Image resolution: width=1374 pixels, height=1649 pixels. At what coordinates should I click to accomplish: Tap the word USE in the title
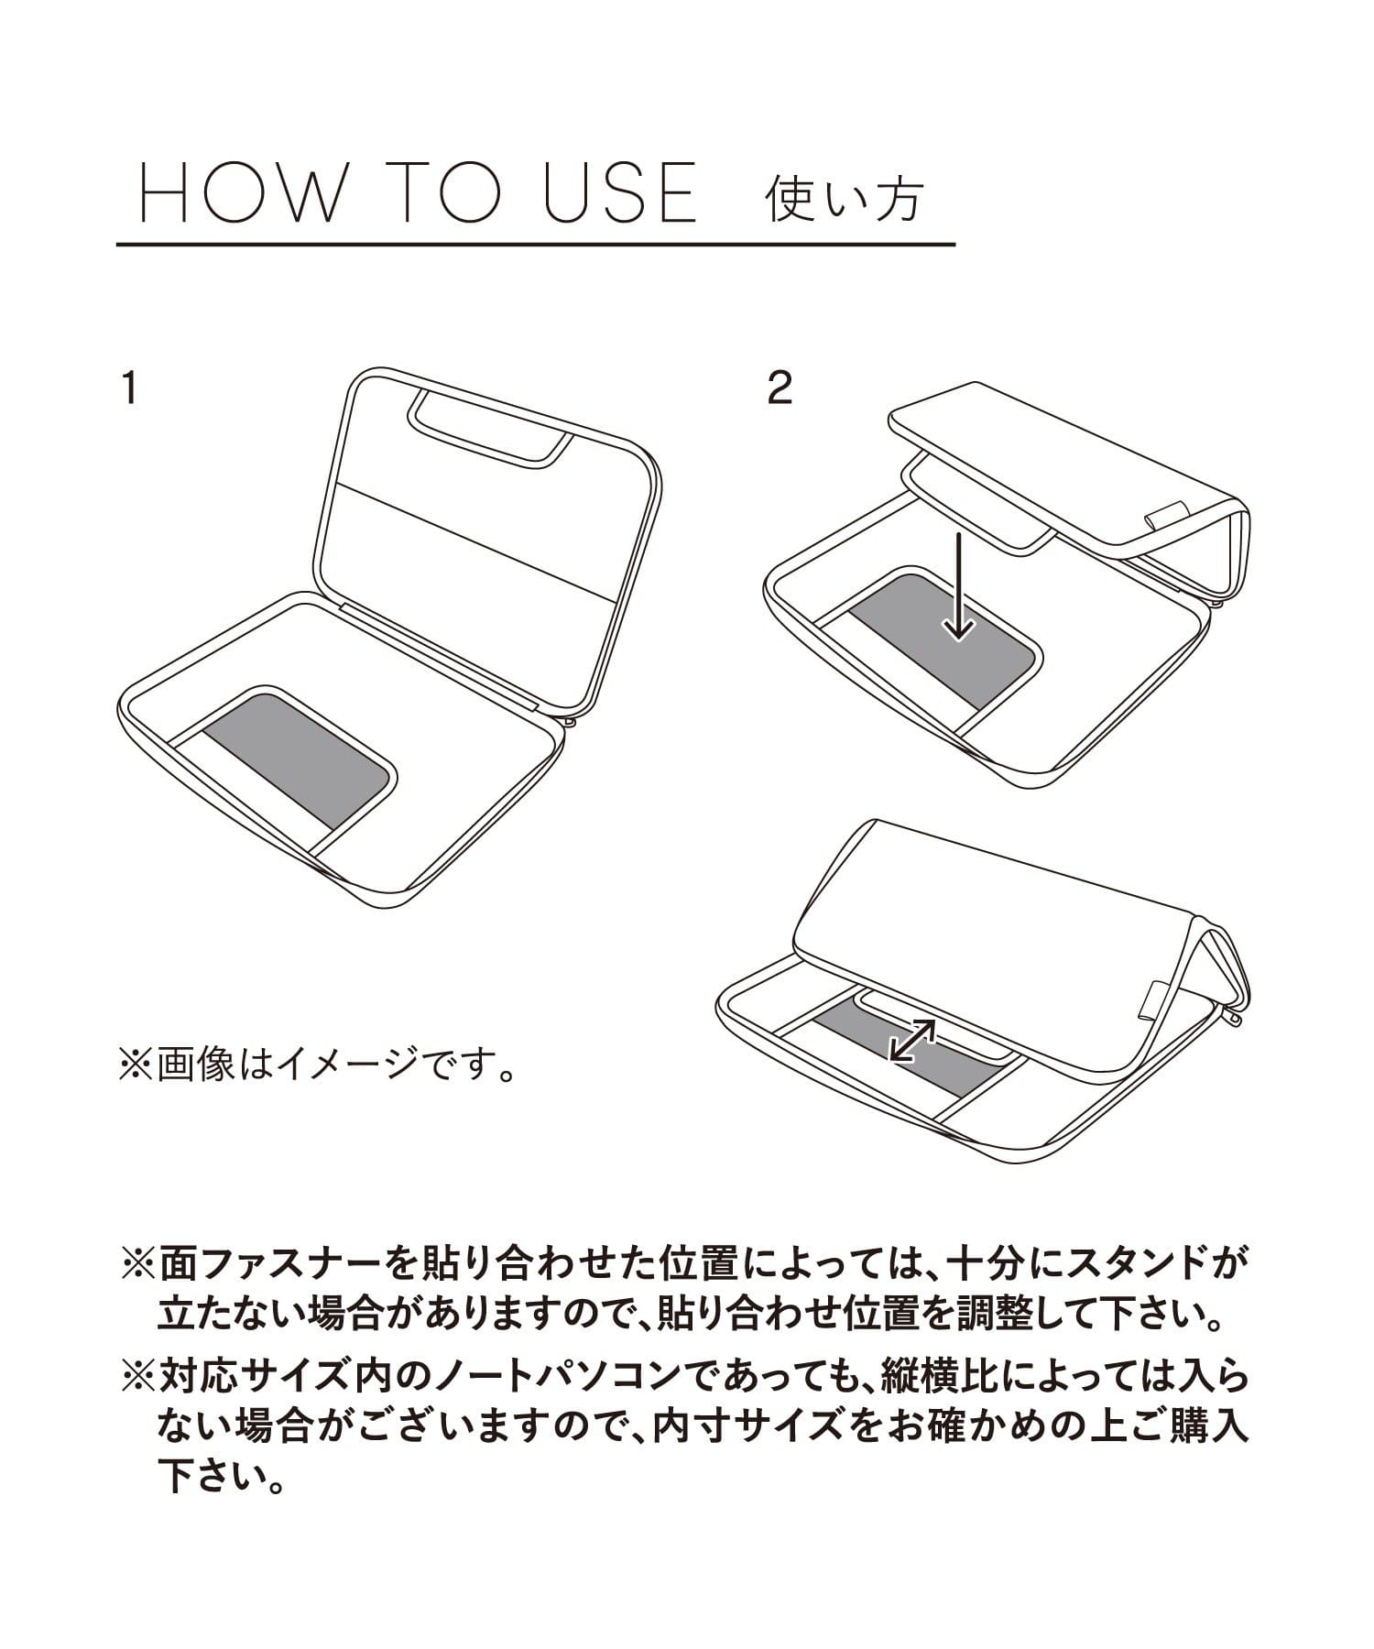pos(620,192)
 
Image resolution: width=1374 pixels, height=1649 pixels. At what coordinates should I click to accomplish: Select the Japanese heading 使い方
pos(843,197)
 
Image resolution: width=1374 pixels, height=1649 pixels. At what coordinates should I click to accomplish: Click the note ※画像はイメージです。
pos(316,1067)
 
